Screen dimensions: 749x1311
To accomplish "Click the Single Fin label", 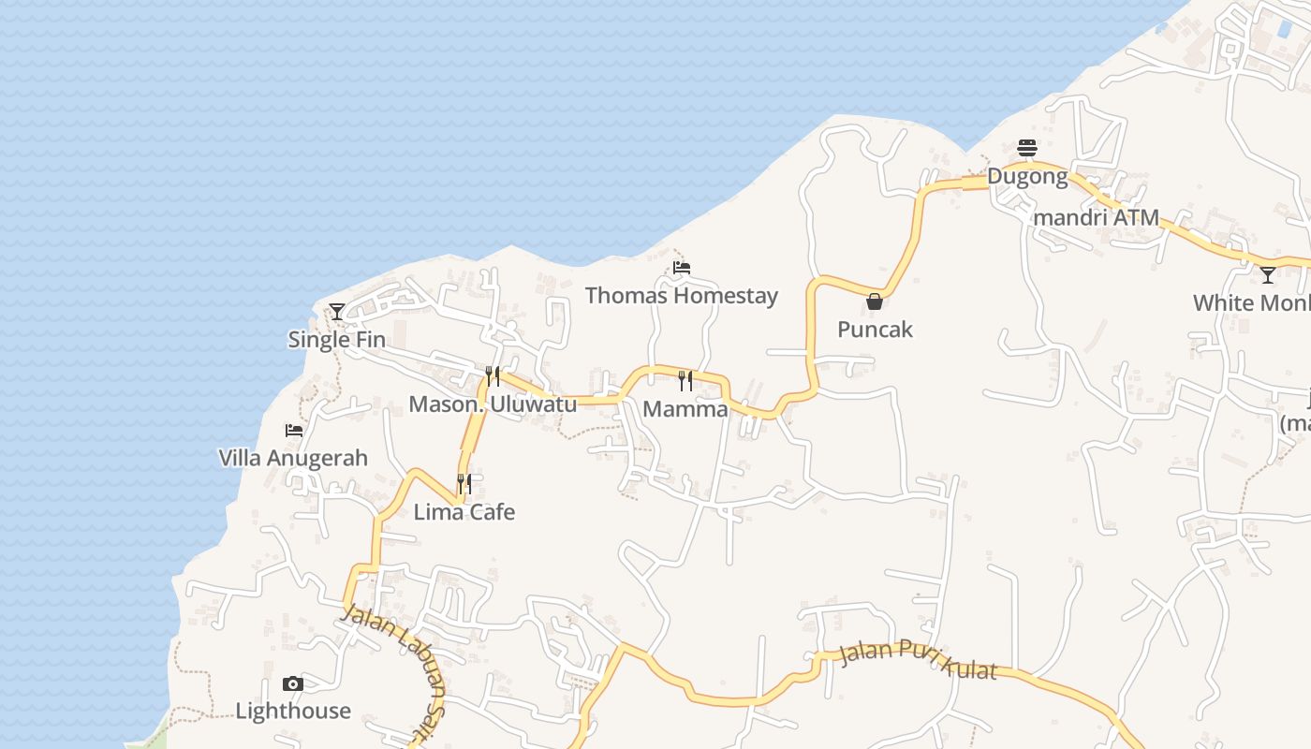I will point(336,340).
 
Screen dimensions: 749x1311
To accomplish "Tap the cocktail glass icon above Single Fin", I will point(337,311).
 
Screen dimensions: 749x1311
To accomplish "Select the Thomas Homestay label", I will point(681,296).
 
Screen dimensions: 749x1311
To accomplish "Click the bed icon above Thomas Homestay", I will point(682,268).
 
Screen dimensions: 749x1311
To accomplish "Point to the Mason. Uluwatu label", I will point(493,404).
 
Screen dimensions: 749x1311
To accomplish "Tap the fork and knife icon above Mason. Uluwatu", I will point(493,376).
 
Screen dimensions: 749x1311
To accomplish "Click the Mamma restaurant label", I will point(685,409).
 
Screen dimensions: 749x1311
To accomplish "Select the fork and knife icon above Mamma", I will point(685,380).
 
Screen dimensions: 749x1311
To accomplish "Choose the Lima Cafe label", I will point(464,512).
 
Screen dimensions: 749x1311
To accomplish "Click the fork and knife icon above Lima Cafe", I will point(464,484).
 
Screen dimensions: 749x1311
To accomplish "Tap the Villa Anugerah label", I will point(293,459).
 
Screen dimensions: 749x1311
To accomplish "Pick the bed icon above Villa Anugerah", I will point(294,431).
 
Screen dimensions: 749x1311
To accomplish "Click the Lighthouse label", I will point(293,712).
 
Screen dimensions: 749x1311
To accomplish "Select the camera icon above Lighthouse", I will point(293,683).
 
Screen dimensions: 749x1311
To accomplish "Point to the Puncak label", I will point(875,330).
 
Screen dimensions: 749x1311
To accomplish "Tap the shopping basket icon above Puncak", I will point(875,301).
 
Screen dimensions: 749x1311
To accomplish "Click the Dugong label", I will point(1027,176).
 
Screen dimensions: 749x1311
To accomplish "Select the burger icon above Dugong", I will point(1027,148).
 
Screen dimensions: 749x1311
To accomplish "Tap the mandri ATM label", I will point(1096,218).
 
